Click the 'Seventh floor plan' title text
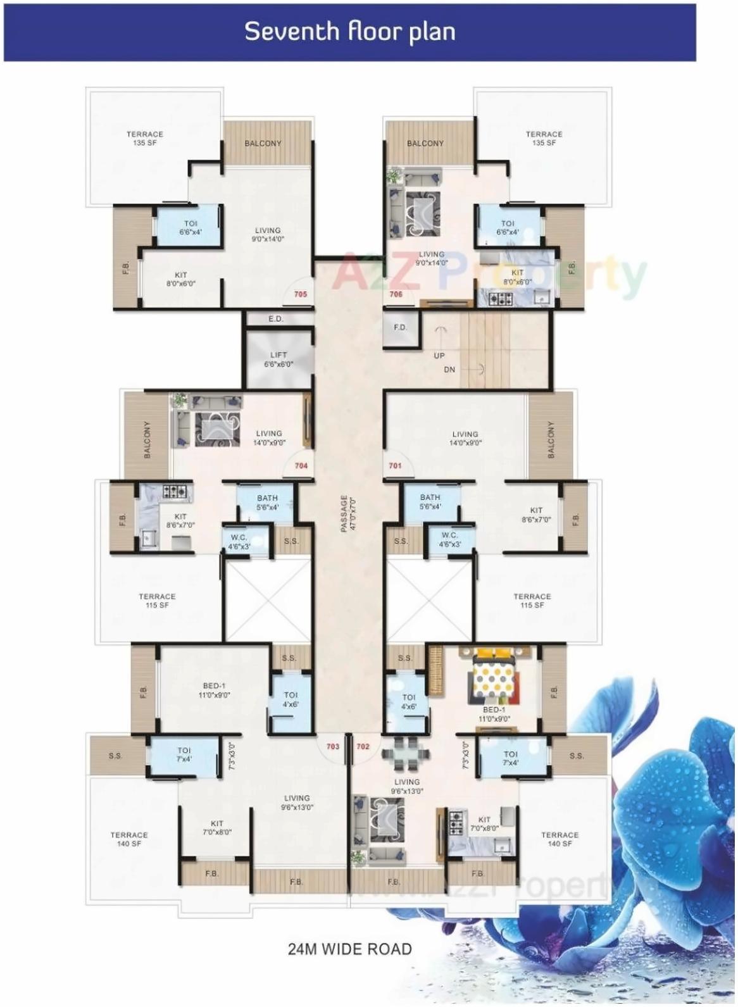349,31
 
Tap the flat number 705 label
301,294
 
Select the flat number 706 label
396,294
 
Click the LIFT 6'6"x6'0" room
278,360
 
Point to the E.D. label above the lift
276,319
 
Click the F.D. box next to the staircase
400,328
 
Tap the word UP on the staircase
439,356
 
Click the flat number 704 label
301,466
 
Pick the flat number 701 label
395,466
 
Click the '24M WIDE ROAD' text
349,949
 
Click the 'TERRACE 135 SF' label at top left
145,139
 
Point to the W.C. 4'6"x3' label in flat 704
239,542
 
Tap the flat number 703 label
333,747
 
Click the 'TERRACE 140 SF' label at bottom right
560,839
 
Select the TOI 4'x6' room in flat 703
291,699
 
